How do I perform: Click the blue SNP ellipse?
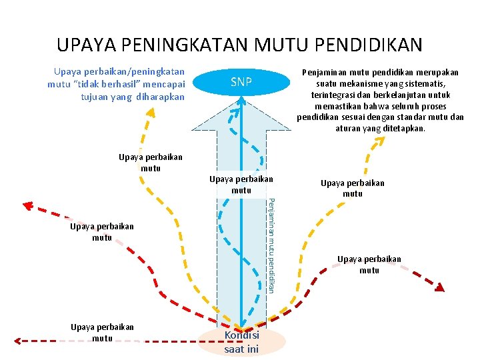pyautogui.click(x=241, y=83)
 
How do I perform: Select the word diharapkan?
pyautogui.click(x=160, y=96)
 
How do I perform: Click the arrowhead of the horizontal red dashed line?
pyautogui.click(x=19, y=340)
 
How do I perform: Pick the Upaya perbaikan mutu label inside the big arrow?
pyautogui.click(x=241, y=185)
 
